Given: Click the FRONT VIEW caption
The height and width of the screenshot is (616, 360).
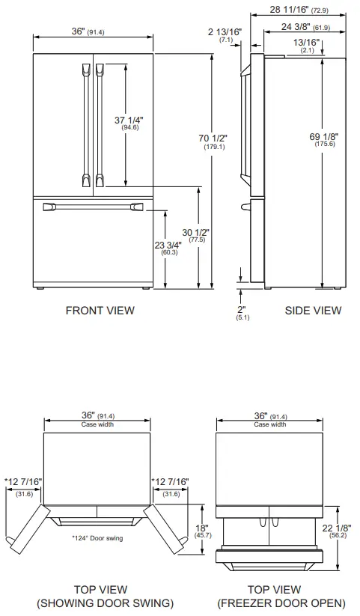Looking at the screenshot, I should point(100,310).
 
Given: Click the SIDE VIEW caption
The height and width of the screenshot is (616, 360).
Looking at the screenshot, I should point(313,310).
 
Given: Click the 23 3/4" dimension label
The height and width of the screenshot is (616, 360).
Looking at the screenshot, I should point(169,247).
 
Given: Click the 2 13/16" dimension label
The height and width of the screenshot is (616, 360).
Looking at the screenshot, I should point(224,34).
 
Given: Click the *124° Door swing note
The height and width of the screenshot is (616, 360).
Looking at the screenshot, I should point(98,538).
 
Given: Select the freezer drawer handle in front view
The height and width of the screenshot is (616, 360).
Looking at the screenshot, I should point(94,206).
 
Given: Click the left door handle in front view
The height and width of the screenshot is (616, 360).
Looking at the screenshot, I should point(83,123).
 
